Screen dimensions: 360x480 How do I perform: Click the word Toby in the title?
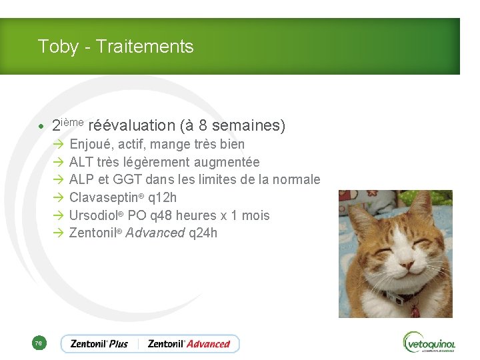[x=53, y=47]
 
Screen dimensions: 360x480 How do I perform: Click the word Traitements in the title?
[x=145, y=47]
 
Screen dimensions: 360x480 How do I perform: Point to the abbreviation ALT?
[x=81, y=162]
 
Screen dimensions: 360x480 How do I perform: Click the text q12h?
[x=163, y=198]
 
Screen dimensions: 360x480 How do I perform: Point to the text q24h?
[x=203, y=233]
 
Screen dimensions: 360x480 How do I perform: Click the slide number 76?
[x=38, y=343]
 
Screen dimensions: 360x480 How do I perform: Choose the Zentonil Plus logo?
[x=99, y=344]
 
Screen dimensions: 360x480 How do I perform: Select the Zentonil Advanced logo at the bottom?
[x=189, y=344]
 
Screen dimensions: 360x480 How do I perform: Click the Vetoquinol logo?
[x=429, y=343]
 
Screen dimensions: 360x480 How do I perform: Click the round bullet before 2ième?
[x=41, y=126]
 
